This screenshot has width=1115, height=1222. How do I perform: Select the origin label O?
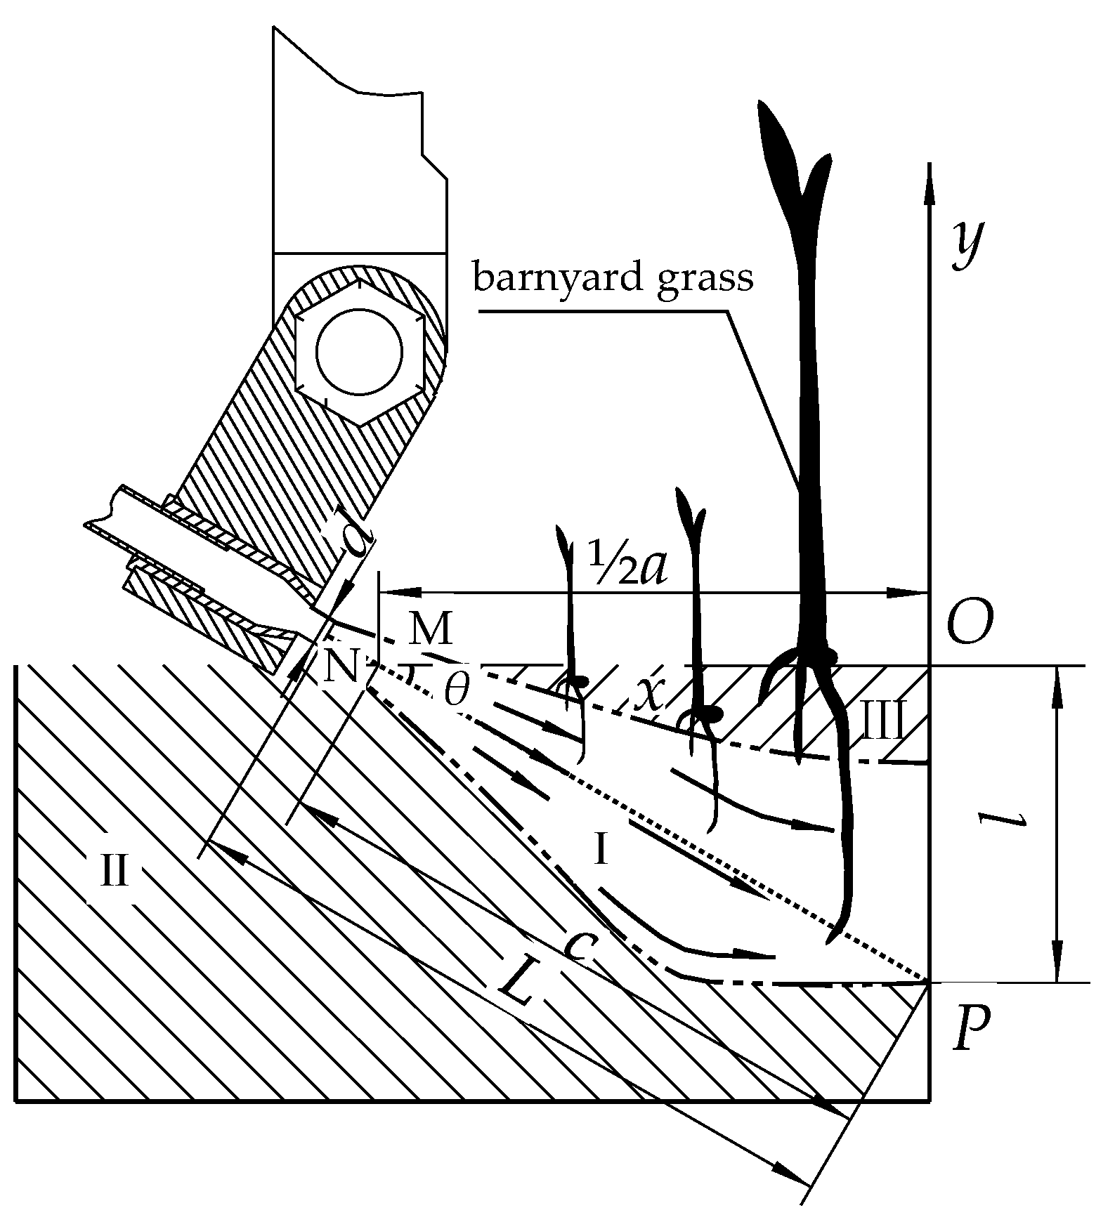tap(970, 623)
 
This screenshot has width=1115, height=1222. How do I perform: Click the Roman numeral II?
tap(115, 872)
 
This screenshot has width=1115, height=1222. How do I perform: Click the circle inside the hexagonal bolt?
tap(360, 350)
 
